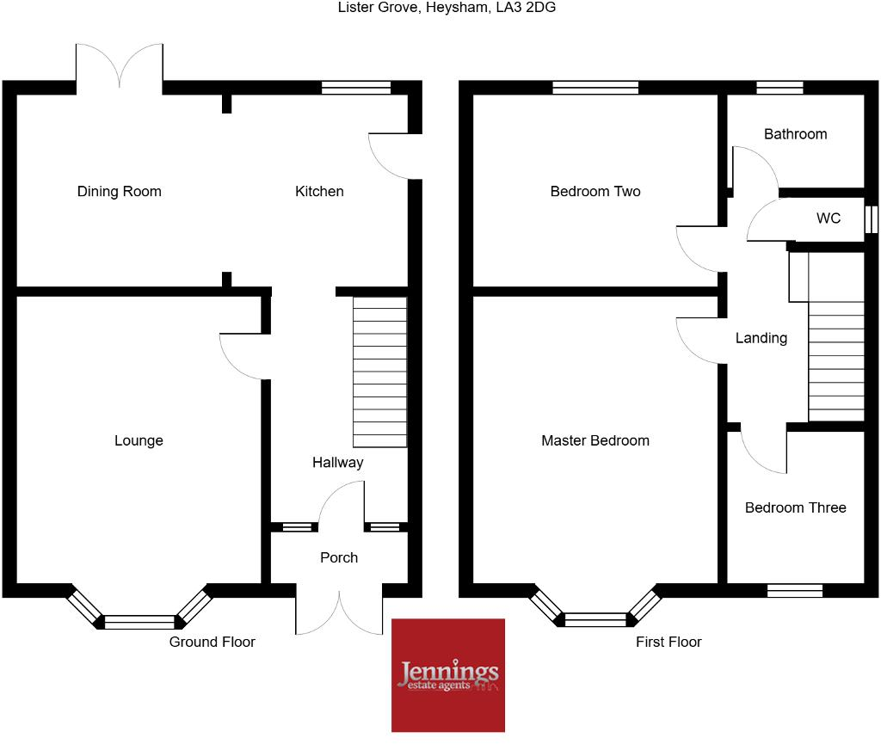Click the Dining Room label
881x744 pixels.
click(120, 191)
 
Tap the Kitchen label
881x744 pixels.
click(319, 191)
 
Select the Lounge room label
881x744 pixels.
click(139, 440)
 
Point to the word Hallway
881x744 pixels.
click(337, 463)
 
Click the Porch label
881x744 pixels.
click(339, 557)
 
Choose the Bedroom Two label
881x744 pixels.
click(595, 191)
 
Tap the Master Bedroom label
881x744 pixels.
click(595, 440)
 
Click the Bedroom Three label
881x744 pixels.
click(796, 507)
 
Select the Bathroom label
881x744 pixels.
click(796, 134)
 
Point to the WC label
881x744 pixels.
click(829, 218)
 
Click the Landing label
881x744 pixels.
click(761, 338)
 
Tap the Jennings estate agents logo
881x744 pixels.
click(448, 674)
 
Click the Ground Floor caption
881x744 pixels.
click(213, 642)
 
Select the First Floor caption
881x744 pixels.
click(668, 642)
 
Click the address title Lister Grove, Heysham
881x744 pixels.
click(440, 8)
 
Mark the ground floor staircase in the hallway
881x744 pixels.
click(380, 372)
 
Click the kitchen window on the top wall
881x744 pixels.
click(356, 87)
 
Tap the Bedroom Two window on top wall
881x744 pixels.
click(595, 87)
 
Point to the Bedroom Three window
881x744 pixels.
click(795, 591)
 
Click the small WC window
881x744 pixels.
click(872, 218)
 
